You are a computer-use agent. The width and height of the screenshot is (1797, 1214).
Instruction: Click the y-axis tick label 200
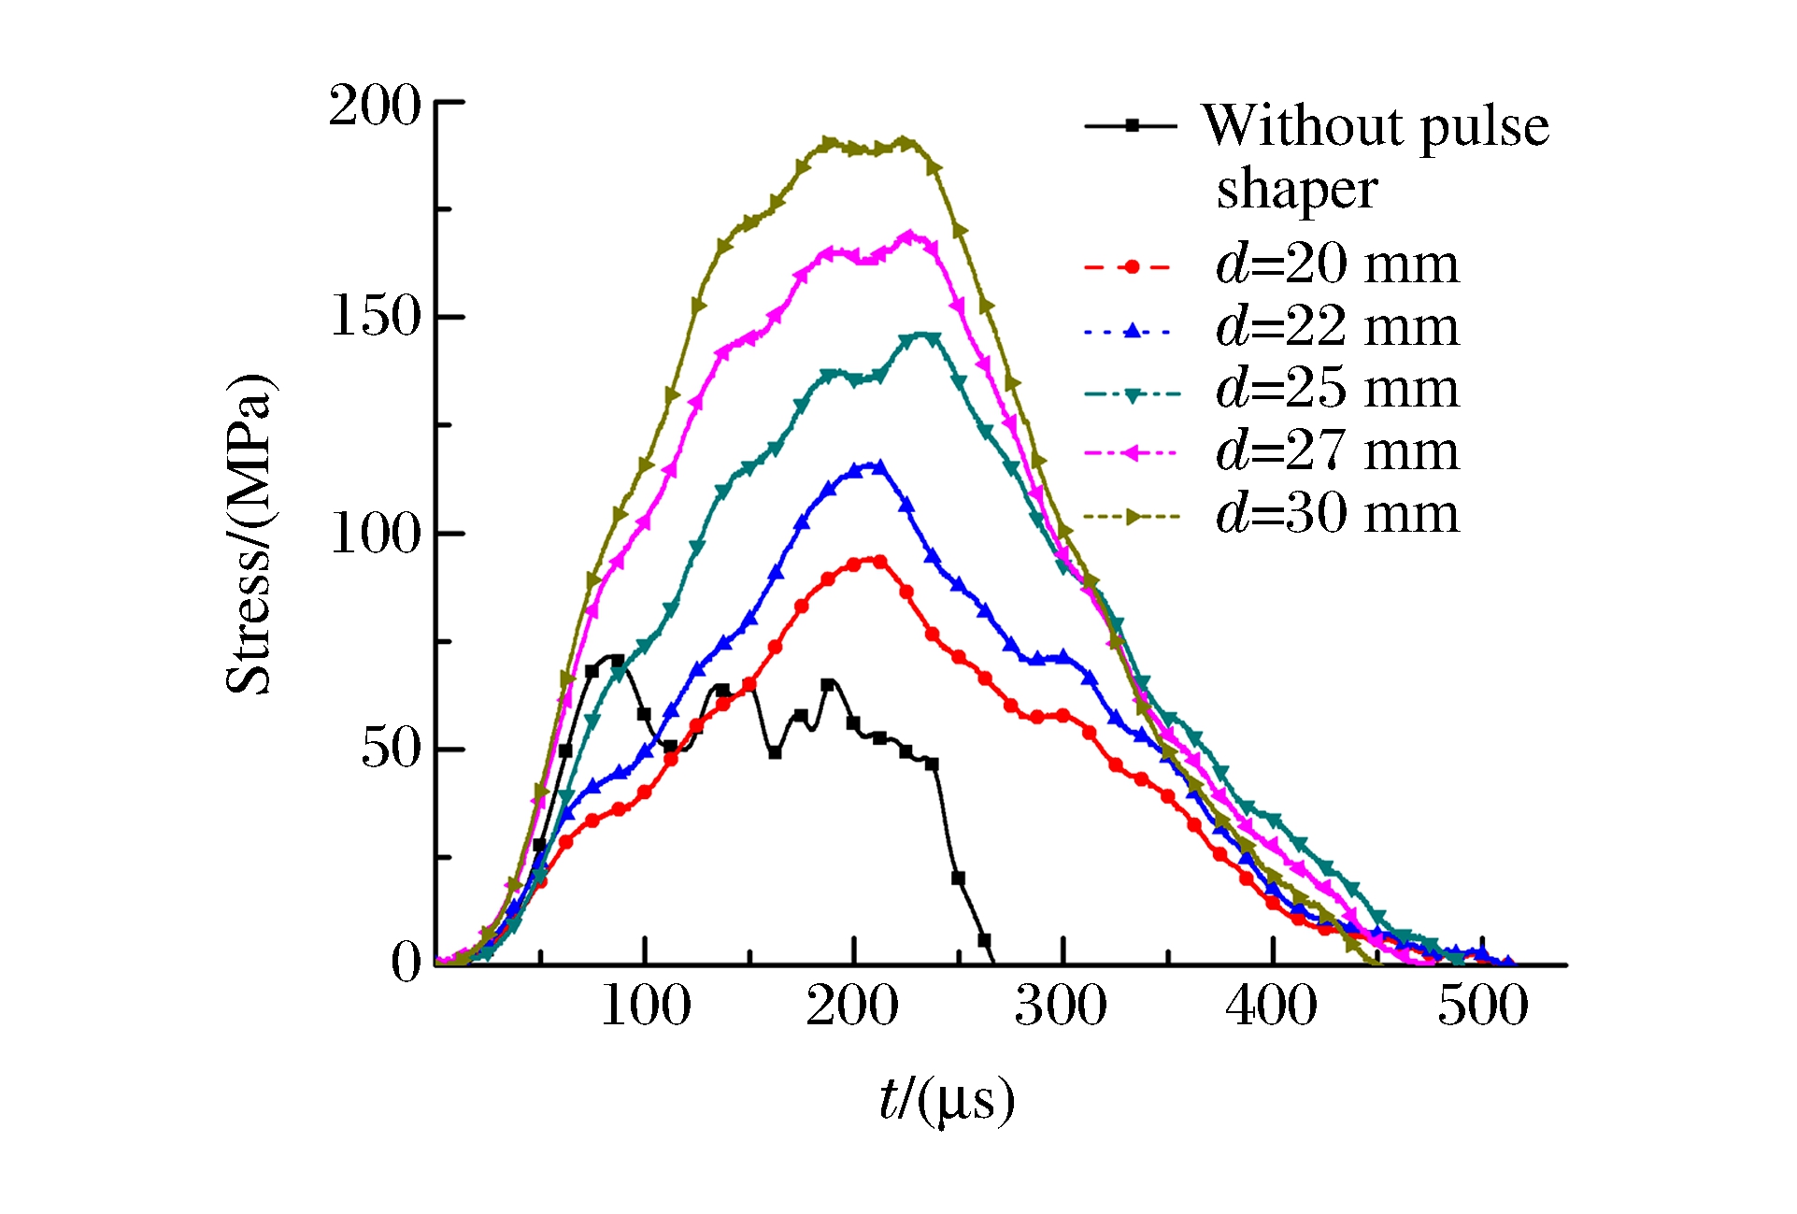click(375, 106)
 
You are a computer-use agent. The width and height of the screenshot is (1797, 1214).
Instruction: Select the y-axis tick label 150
click(377, 317)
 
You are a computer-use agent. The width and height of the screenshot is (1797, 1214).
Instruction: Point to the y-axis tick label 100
click(377, 534)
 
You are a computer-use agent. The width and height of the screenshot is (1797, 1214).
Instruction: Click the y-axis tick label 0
click(406, 962)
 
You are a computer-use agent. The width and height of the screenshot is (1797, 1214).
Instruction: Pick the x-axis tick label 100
click(646, 1007)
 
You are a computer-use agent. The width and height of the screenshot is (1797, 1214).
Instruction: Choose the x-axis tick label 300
click(1062, 1007)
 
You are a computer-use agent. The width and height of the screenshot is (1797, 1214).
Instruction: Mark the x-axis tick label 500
click(1483, 1007)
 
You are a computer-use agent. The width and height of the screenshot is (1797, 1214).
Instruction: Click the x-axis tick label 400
click(1272, 1007)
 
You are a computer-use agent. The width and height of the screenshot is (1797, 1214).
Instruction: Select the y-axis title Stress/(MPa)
click(249, 534)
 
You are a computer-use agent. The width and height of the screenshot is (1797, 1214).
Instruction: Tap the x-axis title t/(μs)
click(947, 1100)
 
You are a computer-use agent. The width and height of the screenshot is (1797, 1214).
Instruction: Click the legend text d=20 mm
click(1337, 264)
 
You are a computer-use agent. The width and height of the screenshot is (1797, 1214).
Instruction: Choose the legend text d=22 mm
click(1337, 327)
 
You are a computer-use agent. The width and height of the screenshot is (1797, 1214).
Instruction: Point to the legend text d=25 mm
click(1337, 389)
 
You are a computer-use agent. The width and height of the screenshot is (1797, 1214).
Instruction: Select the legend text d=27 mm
click(1337, 451)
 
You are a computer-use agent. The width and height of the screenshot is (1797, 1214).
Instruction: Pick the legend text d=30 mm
click(1337, 514)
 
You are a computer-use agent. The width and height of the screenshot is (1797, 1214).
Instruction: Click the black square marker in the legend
click(1132, 125)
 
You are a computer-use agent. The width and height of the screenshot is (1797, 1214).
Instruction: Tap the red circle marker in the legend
click(1132, 267)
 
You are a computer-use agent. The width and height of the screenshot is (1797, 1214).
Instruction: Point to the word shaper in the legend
click(1297, 191)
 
